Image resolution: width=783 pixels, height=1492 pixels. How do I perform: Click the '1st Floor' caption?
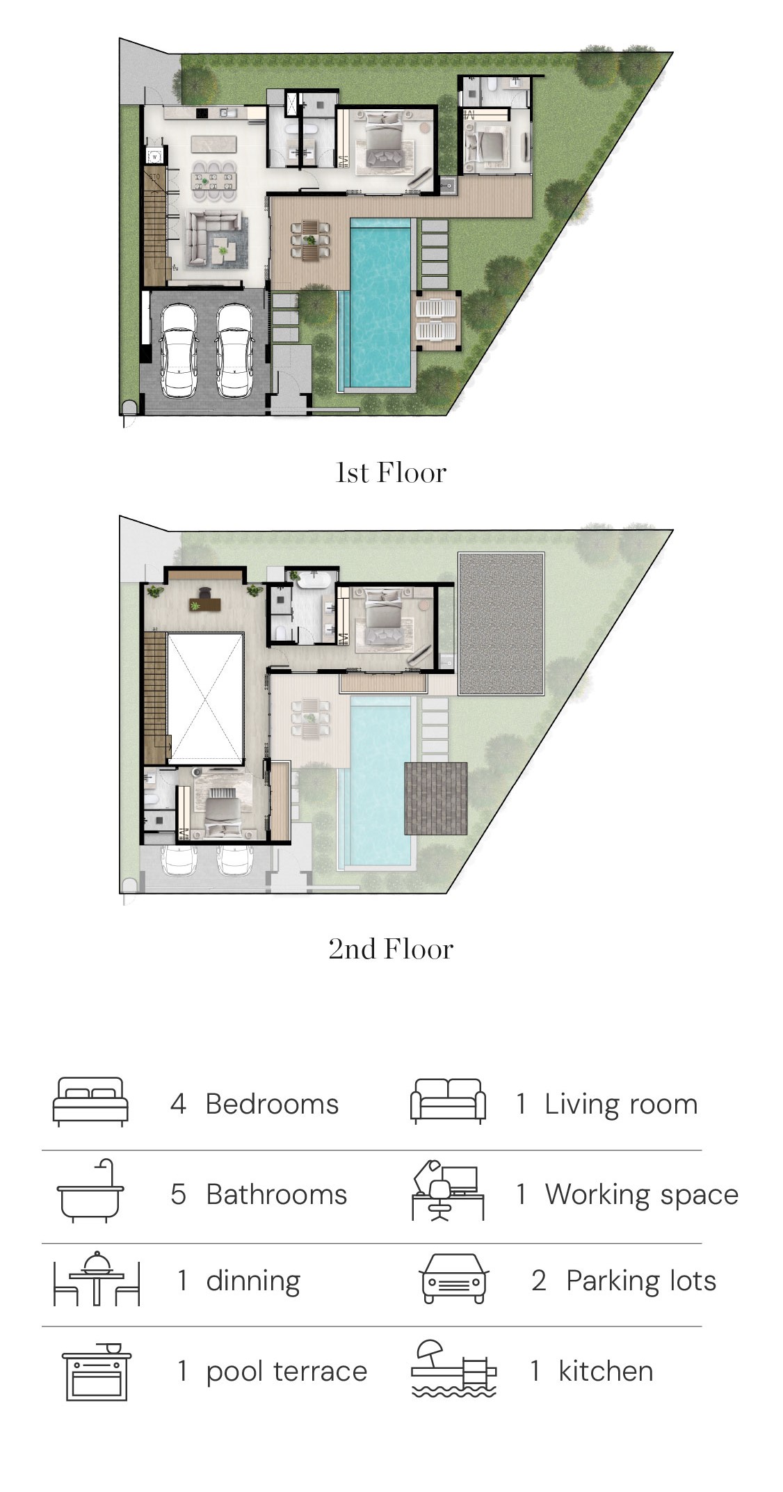tap(391, 473)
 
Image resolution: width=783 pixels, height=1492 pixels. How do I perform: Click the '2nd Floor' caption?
tap(391, 949)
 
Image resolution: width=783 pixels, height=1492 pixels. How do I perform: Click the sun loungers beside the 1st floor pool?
tap(437, 320)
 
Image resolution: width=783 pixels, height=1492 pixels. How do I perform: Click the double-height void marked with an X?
tap(205, 698)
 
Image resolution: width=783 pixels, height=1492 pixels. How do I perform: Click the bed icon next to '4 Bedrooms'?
tap(91, 1102)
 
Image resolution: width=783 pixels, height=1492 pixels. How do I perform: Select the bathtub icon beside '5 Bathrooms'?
tap(90, 1192)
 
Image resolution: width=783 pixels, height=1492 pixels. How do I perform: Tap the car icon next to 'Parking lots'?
tap(454, 1278)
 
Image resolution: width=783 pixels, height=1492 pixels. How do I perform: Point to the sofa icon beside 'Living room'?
tap(449, 1101)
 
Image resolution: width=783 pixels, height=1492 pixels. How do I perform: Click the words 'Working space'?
tap(641, 1194)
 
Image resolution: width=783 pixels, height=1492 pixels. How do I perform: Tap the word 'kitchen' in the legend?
tap(606, 1371)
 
